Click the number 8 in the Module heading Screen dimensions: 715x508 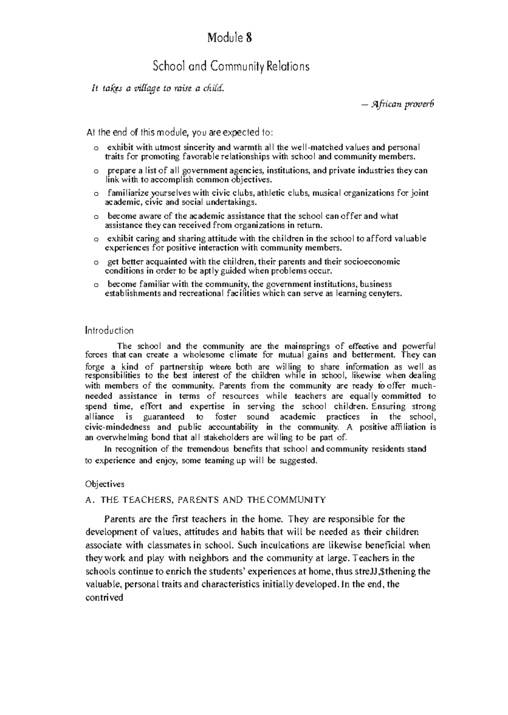[249, 39]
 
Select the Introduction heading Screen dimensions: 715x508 [109, 330]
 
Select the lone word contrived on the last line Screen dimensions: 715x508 [104, 598]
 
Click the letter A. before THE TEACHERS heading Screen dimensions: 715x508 [89, 500]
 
